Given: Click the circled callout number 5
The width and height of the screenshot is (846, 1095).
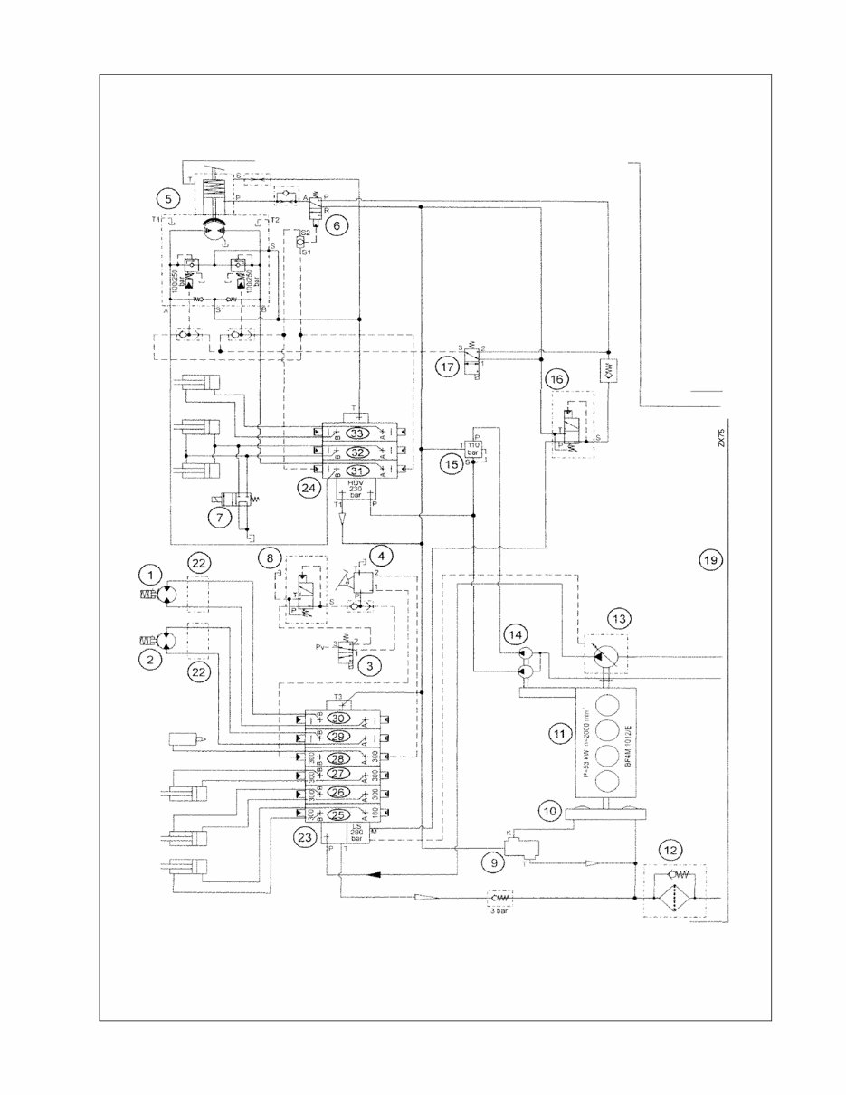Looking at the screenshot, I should click(x=166, y=196).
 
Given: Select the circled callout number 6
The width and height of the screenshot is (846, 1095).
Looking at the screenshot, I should click(x=334, y=227).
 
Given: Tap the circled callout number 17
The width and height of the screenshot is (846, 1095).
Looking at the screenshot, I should click(x=445, y=367).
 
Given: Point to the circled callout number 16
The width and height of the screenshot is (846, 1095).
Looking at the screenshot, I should click(x=558, y=377).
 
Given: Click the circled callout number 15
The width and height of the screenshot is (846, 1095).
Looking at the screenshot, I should click(x=452, y=464).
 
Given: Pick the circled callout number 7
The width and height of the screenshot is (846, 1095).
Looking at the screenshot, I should click(x=218, y=518).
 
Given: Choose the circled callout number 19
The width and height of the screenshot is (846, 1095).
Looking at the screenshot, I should click(x=710, y=560).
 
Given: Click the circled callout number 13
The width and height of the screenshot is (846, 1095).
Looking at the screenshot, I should click(x=619, y=619).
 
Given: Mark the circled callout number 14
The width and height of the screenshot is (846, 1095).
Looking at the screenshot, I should click(x=516, y=634).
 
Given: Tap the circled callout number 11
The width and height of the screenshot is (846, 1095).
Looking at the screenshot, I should click(x=559, y=734).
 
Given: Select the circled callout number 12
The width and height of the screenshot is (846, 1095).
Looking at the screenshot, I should click(x=670, y=850).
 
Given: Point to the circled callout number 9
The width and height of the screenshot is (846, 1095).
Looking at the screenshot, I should click(x=495, y=862).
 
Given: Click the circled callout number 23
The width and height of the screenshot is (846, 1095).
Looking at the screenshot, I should click(x=304, y=837).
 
